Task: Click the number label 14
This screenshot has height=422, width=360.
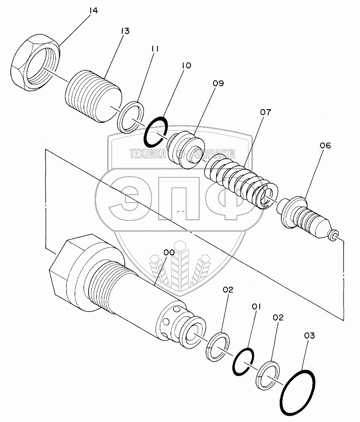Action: click(x=94, y=10)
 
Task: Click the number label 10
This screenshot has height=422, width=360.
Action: click(x=186, y=65)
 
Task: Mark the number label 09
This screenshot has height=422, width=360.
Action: click(x=218, y=83)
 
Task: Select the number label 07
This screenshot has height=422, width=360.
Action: click(x=266, y=112)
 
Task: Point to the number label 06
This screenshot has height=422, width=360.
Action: click(x=325, y=145)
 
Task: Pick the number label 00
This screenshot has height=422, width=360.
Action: click(x=169, y=252)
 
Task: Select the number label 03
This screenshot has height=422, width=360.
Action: click(x=310, y=335)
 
